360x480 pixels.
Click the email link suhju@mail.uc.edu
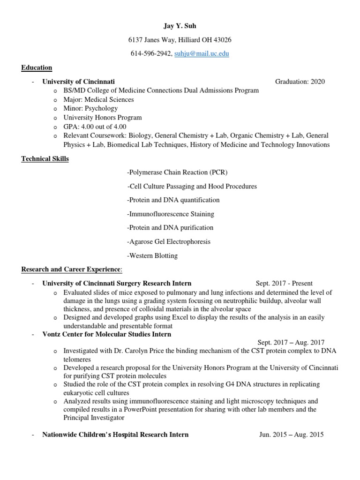click(202, 54)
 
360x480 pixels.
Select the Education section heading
click(37, 68)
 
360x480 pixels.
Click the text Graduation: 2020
click(300, 82)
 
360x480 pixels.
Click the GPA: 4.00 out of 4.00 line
click(95, 127)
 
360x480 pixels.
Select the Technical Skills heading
click(45, 159)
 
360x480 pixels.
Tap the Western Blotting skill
click(152, 256)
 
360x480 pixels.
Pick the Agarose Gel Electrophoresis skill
click(169, 242)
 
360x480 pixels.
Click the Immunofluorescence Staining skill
click(171, 214)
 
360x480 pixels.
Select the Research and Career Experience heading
click(71, 270)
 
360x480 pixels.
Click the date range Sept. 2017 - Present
click(284, 284)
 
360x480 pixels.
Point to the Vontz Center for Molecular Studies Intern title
click(107, 334)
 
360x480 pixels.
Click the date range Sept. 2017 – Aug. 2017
click(291, 343)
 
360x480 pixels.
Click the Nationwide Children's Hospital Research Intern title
click(115, 435)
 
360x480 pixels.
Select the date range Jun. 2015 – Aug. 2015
click(291, 435)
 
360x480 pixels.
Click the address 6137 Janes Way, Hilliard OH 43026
click(180, 40)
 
